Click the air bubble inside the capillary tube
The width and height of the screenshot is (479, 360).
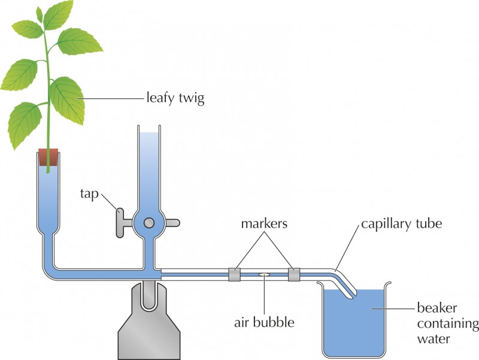tap(263, 275)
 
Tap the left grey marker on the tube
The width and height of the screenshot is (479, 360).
tap(234, 275)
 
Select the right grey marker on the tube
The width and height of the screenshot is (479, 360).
tap(293, 275)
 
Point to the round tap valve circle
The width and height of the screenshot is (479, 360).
tap(148, 223)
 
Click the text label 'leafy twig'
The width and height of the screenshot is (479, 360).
tap(175, 98)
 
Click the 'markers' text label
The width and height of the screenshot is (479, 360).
tap(263, 224)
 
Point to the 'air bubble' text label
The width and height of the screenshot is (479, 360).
tap(264, 322)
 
